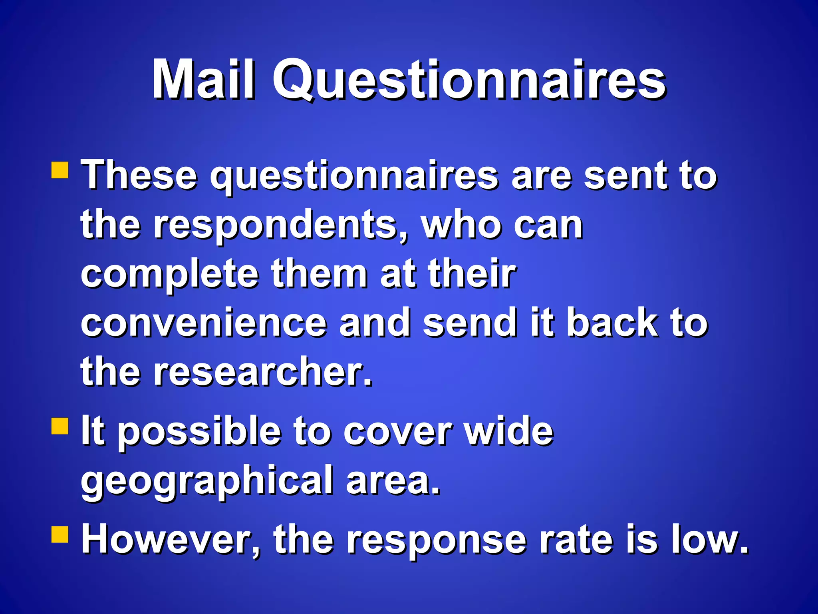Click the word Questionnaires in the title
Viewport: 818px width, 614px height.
pyautogui.click(x=469, y=80)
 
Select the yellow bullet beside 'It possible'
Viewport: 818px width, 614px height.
pyautogui.click(x=60, y=425)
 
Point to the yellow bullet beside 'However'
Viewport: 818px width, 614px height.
pyautogui.click(x=60, y=534)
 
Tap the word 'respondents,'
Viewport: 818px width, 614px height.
pyautogui.click(x=280, y=226)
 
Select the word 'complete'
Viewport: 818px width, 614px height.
pyautogui.click(x=170, y=275)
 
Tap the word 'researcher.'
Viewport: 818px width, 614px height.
pyautogui.click(x=263, y=372)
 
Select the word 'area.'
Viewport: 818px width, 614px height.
pyautogui.click(x=393, y=480)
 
